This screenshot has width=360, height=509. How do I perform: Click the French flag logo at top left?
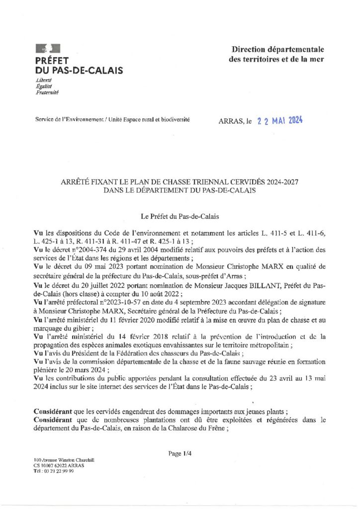[x=48, y=49]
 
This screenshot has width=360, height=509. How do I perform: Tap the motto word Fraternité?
[x=47, y=92]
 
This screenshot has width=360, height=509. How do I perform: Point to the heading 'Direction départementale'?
[x=277, y=50]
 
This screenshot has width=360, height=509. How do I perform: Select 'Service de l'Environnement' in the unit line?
[x=65, y=119]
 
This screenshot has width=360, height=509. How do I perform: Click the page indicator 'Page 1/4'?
[x=180, y=453]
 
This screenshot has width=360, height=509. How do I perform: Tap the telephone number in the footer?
[x=58, y=471]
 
